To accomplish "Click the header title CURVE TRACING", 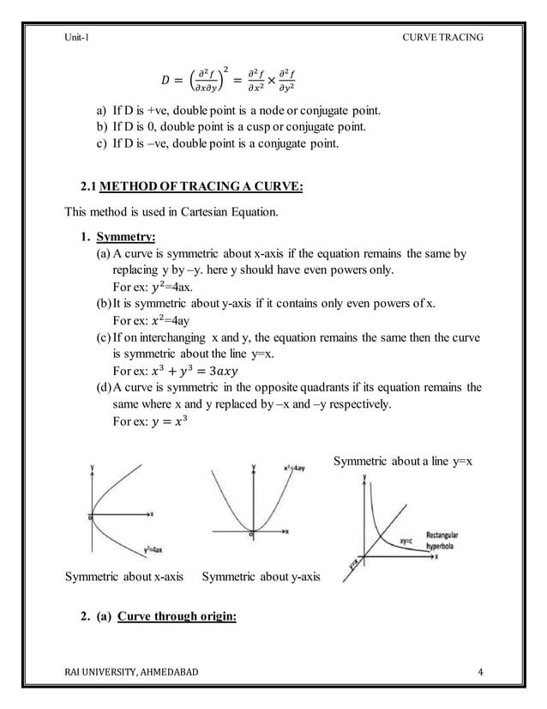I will [440, 35].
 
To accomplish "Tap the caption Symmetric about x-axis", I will [125, 576].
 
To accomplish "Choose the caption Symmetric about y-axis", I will [260, 576].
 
